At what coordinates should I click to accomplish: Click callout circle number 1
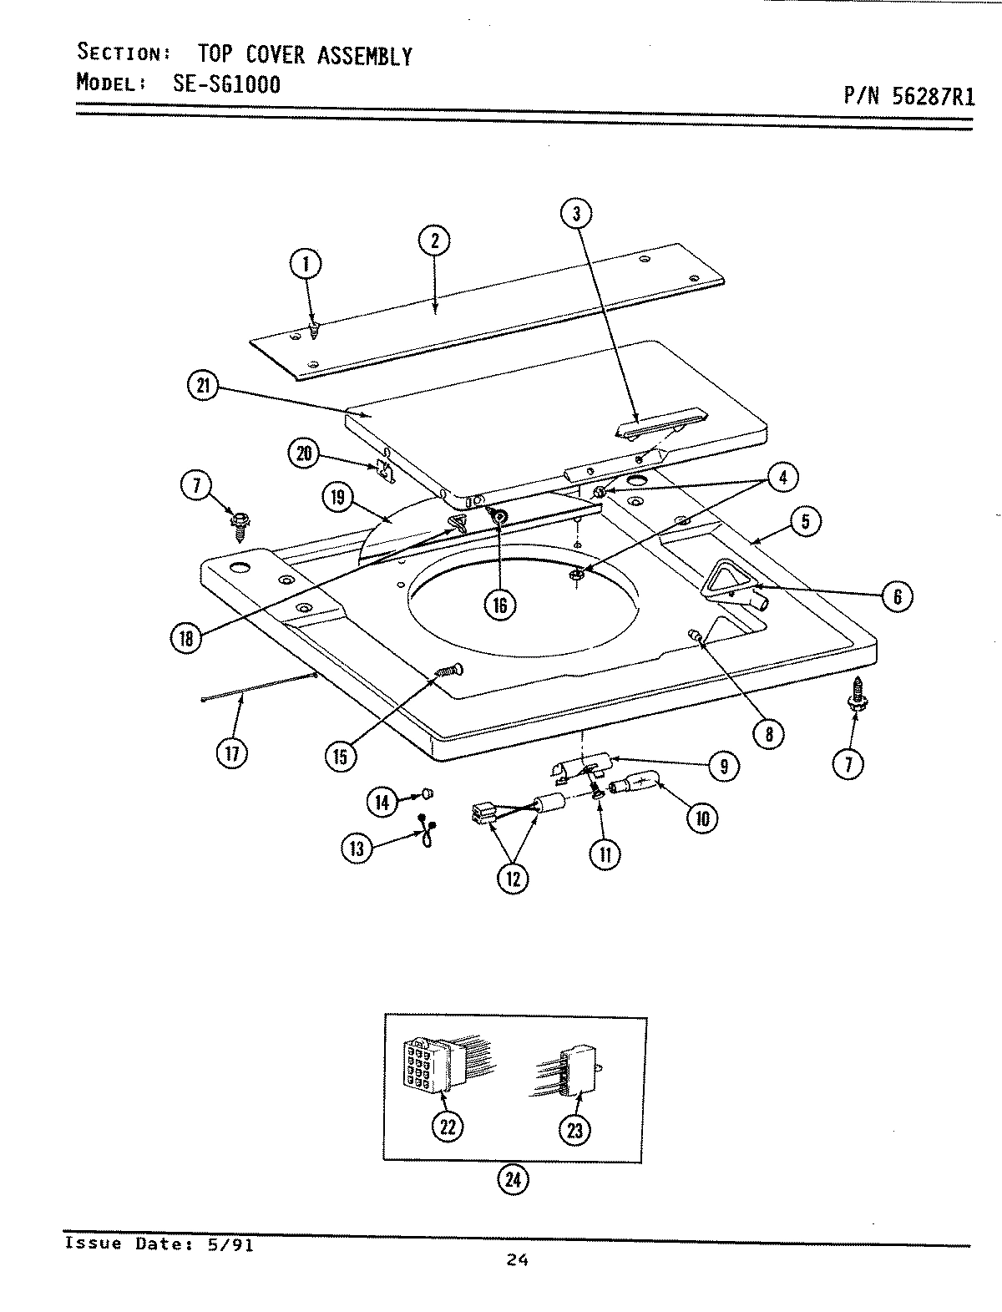pyautogui.click(x=306, y=266)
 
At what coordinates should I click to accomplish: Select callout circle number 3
pyautogui.click(x=576, y=214)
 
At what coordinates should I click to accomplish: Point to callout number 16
pyautogui.click(x=499, y=604)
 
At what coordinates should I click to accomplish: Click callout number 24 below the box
pyautogui.click(x=513, y=1179)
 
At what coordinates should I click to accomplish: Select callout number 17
pyautogui.click(x=231, y=753)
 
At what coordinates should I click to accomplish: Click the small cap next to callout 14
pyautogui.click(x=427, y=789)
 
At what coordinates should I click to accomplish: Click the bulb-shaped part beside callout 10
pyautogui.click(x=637, y=787)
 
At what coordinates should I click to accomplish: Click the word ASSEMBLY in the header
pyautogui.click(x=364, y=55)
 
